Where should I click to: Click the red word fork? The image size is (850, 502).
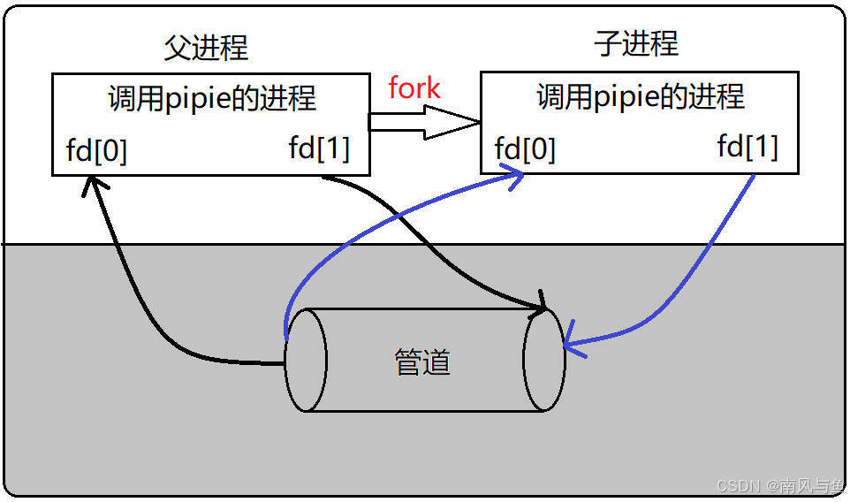click(x=414, y=88)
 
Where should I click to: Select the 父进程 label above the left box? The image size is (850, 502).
click(x=206, y=48)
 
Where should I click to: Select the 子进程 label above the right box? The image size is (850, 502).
click(x=636, y=43)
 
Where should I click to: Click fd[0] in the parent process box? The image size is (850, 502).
click(x=96, y=152)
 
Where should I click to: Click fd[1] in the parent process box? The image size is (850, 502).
click(x=319, y=148)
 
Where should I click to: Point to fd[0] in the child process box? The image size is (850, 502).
click(x=525, y=149)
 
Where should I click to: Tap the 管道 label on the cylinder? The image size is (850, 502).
click(x=422, y=361)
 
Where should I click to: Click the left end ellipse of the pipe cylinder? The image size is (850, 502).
click(x=307, y=360)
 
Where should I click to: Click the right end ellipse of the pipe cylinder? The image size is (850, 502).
click(x=543, y=360)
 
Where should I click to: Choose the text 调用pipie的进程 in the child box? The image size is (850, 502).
click(x=641, y=96)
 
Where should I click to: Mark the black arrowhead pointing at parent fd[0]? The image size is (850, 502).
click(x=90, y=183)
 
